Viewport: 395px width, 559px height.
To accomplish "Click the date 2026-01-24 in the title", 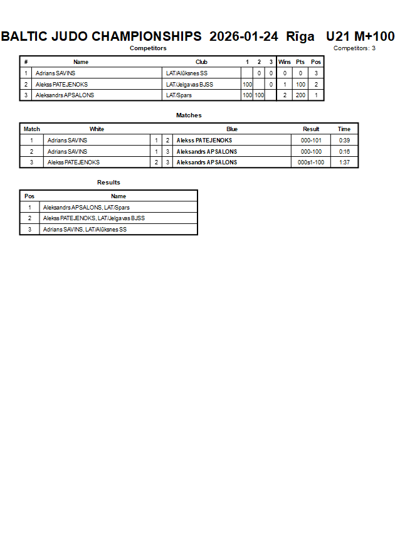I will coord(243,36).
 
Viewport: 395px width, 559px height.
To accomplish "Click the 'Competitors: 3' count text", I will coord(354,48).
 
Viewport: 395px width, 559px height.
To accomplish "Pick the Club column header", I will coord(201,62).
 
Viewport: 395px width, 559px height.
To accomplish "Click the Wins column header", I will coord(285,62).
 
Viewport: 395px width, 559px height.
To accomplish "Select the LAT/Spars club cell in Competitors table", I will coord(179,95).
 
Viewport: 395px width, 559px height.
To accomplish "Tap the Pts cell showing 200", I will coord(300,95).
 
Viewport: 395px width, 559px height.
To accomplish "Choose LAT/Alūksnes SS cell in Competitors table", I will coord(186,73).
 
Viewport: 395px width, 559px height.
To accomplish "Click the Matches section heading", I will coord(189,115).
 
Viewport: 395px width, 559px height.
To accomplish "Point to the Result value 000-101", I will coord(311,141).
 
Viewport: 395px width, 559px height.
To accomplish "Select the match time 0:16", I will coord(344,152).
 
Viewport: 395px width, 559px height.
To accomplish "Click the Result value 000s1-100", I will coord(311,162).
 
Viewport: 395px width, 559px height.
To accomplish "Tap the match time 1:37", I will coord(344,162).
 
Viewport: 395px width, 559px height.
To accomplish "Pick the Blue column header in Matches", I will coord(232,129).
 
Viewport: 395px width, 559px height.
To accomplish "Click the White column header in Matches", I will coord(97,129).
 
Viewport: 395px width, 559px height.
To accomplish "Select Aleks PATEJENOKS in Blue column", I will coord(204,141).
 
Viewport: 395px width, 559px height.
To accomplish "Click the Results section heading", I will coord(108,183).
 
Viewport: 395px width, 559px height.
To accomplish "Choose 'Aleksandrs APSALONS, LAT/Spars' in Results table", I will coord(87,208).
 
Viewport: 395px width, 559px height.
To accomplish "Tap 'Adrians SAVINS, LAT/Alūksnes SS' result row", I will coord(85,230).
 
